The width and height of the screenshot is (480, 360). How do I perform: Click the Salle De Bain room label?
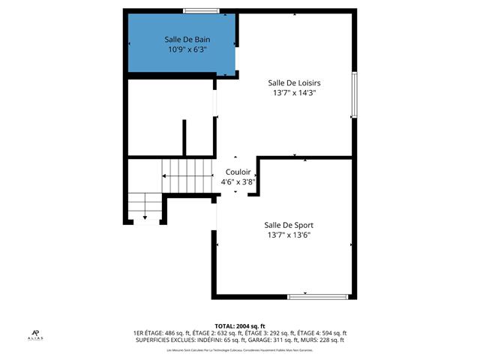coord(187,39)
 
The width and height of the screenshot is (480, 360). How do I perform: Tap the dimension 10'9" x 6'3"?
coord(187,49)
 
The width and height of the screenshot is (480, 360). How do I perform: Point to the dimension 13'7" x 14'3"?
coord(295,93)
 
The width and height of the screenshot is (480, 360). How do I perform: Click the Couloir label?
coord(238,172)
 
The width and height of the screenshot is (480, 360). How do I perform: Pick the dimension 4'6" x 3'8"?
coord(238,181)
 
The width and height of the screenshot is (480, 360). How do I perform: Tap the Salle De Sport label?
coord(289,225)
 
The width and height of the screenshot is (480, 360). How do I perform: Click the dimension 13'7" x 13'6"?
coord(289,235)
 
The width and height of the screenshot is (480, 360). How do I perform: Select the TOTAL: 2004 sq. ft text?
coord(239,326)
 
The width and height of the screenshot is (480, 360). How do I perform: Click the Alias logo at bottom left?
coord(36,335)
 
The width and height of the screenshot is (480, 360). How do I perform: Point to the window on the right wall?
coord(354,94)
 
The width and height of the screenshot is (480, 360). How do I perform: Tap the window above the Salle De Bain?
coord(202,10)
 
